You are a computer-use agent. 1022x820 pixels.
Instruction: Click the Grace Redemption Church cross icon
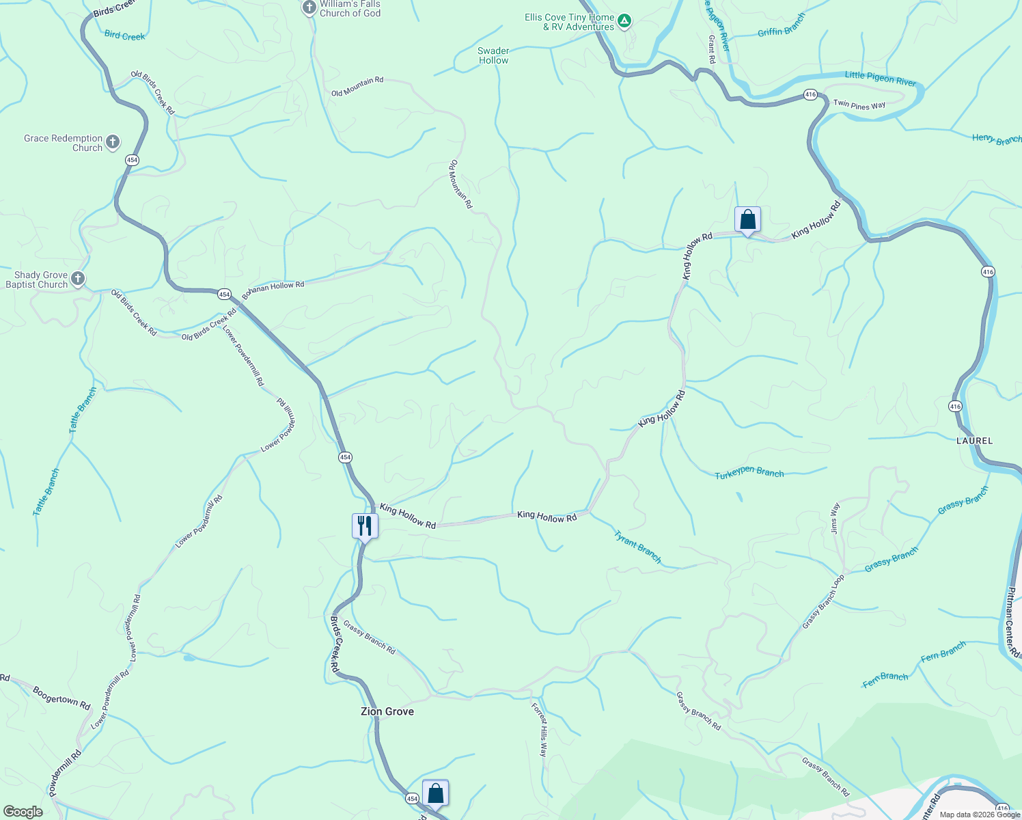113,142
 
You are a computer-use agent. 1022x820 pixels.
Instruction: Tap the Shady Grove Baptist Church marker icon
78,279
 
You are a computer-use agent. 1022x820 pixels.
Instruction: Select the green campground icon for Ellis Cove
624,22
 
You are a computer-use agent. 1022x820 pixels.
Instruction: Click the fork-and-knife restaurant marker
365,525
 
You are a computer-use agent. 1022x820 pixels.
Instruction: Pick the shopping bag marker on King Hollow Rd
747,219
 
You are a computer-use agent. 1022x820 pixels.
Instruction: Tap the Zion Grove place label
387,711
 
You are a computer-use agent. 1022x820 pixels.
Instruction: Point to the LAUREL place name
974,441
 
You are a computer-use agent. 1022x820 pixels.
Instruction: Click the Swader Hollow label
493,55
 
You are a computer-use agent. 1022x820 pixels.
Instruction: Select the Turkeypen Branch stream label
749,473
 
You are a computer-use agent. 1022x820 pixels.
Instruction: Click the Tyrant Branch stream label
637,547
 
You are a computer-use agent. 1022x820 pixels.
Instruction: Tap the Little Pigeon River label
880,79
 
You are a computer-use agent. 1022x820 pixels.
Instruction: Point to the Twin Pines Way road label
859,105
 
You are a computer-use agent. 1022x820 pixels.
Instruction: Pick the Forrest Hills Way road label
539,729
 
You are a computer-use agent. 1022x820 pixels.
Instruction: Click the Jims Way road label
834,517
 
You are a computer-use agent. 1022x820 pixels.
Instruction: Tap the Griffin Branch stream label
782,25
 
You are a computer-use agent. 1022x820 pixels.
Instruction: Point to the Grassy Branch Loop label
823,601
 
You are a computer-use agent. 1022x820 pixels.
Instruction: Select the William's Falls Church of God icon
309,8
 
